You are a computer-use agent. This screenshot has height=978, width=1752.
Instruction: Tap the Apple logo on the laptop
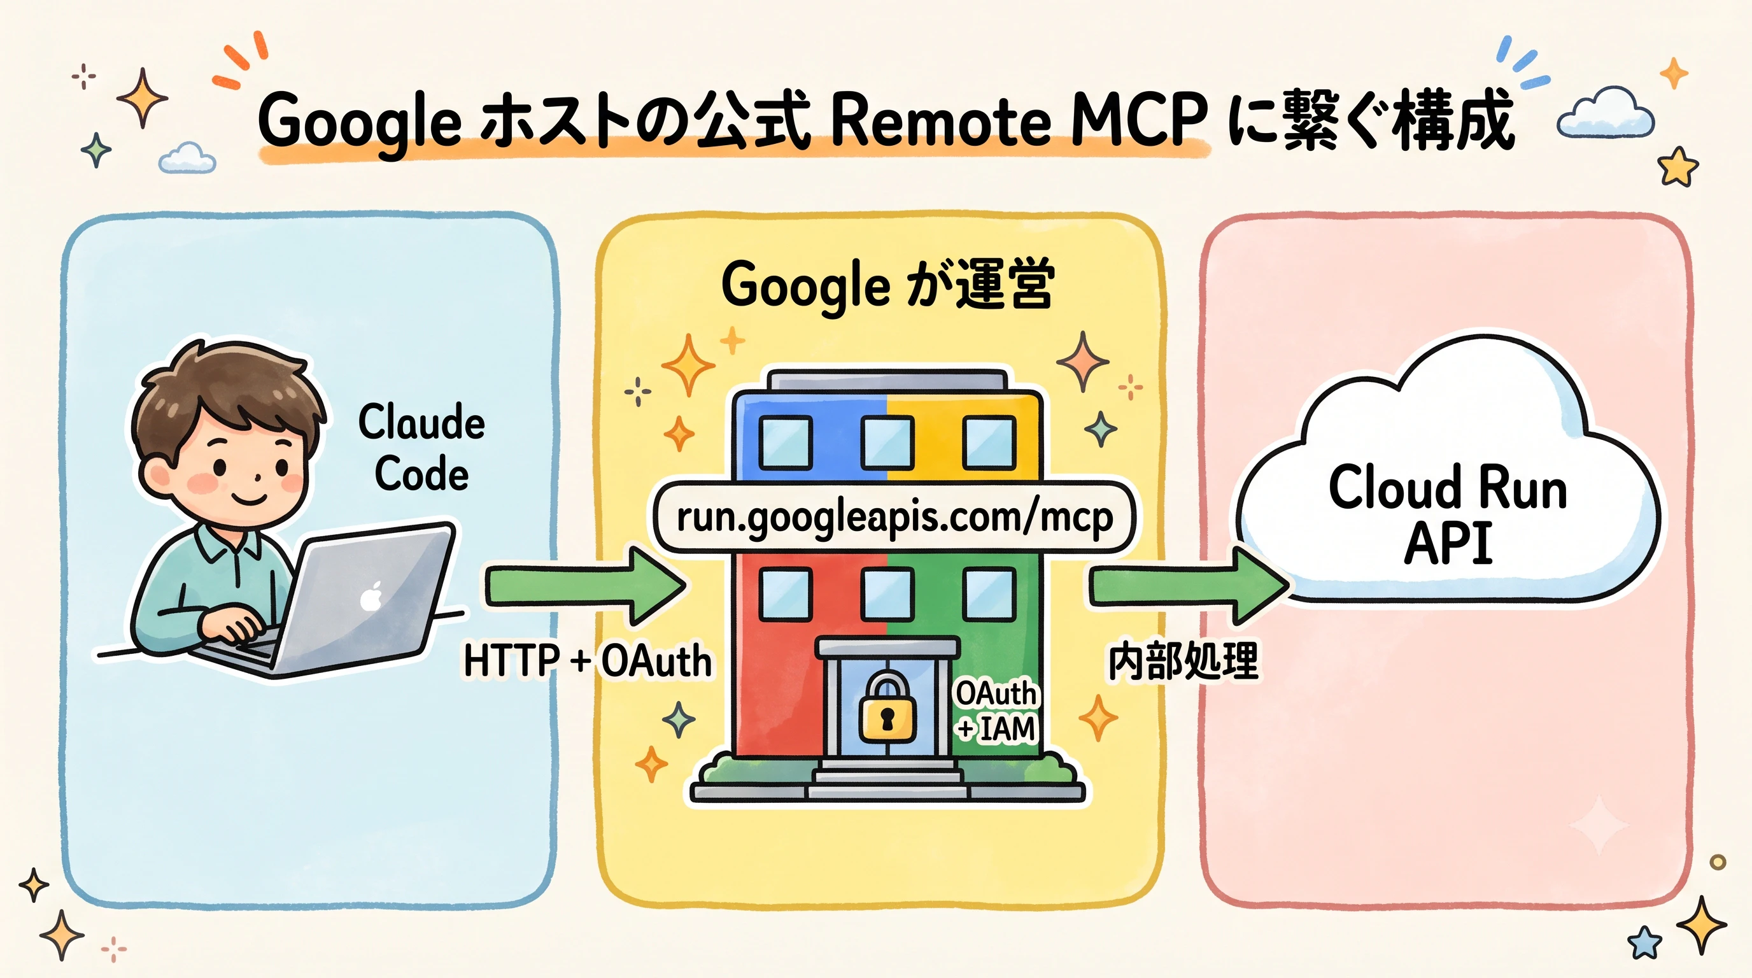[371, 597]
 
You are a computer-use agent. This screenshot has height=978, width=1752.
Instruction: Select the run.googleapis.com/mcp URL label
[894, 518]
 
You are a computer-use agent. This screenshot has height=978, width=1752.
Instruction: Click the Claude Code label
[421, 447]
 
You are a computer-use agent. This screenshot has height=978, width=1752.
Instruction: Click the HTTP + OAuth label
[588, 660]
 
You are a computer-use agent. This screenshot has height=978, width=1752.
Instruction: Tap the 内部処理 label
[1183, 660]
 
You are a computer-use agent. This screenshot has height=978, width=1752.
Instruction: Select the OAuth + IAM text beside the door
[996, 711]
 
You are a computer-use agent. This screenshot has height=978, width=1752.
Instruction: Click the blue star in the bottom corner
[1644, 942]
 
